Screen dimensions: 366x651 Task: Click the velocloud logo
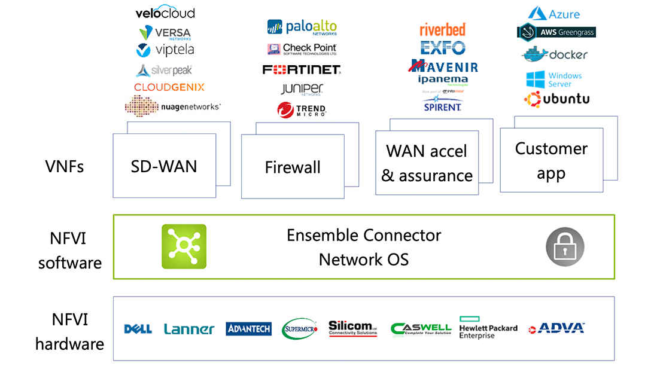click(165, 13)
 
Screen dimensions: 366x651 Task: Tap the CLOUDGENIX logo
click(169, 87)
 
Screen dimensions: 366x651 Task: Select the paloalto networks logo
click(302, 27)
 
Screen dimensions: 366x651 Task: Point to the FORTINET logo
click(302, 69)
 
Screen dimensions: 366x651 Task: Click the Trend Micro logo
click(302, 109)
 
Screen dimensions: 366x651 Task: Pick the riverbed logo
click(443, 29)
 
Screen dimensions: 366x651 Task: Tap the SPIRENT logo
click(443, 106)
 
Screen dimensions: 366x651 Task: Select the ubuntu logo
click(557, 99)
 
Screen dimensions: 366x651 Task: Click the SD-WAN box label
click(164, 166)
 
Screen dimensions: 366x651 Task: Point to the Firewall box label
click(293, 167)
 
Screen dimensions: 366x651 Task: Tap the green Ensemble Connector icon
click(184, 246)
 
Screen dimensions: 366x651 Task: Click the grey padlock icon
click(565, 246)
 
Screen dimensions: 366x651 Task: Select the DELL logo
click(138, 329)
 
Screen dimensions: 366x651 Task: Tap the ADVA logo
click(556, 328)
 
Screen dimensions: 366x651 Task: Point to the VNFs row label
click(65, 166)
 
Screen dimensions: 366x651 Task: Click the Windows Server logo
click(554, 80)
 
